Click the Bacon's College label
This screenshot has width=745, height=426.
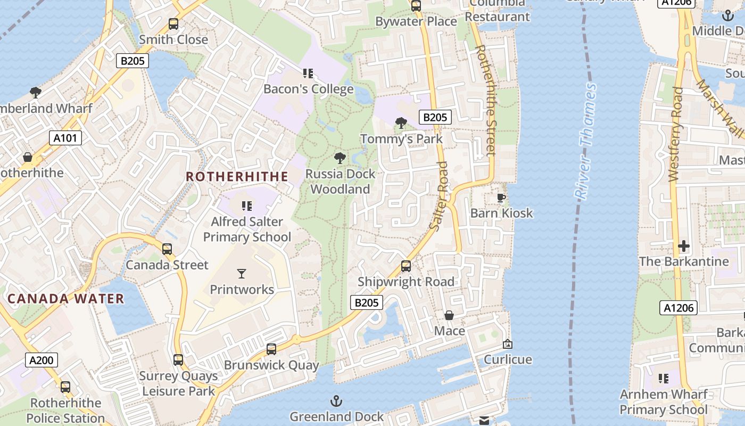[309, 89]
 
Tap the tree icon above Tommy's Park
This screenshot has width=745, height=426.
[401, 123]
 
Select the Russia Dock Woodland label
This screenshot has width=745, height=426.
[340, 182]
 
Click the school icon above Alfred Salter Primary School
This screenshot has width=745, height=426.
[246, 206]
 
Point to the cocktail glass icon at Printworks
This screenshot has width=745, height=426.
[242, 274]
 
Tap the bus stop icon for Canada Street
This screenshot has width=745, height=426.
[167, 249]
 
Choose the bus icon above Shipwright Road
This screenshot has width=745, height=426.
[406, 266]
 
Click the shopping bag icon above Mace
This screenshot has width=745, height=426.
[449, 315]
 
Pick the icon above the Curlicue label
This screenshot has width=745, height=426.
[507, 344]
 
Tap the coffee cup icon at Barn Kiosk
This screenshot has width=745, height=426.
[501, 198]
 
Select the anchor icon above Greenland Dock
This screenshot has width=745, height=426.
[336, 400]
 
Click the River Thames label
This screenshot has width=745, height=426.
[586, 141]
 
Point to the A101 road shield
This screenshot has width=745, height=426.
[66, 138]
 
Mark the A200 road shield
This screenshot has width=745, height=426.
[42, 361]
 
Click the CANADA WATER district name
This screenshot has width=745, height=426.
[66, 299]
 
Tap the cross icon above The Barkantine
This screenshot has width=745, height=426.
[684, 246]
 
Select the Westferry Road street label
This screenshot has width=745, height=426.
[675, 134]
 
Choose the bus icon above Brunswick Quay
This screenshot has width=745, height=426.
[271, 349]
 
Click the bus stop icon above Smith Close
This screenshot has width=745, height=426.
[173, 23]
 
